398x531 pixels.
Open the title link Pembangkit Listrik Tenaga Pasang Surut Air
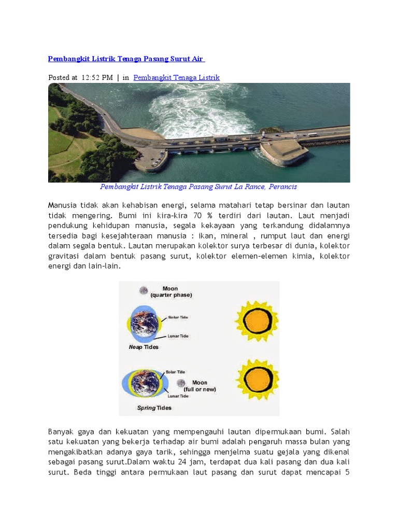[x=130, y=59]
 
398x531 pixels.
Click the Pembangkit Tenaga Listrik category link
[x=176, y=78]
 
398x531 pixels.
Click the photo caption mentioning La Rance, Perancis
[x=198, y=187]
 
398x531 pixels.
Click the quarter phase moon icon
[x=143, y=291]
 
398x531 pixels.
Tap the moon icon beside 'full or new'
[x=181, y=384]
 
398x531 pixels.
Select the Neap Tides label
[x=144, y=347]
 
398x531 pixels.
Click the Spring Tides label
[x=154, y=408]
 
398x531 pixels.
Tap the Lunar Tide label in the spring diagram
[x=178, y=396]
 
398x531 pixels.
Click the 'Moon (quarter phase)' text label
[x=171, y=292]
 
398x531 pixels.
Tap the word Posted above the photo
[x=59, y=78]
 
